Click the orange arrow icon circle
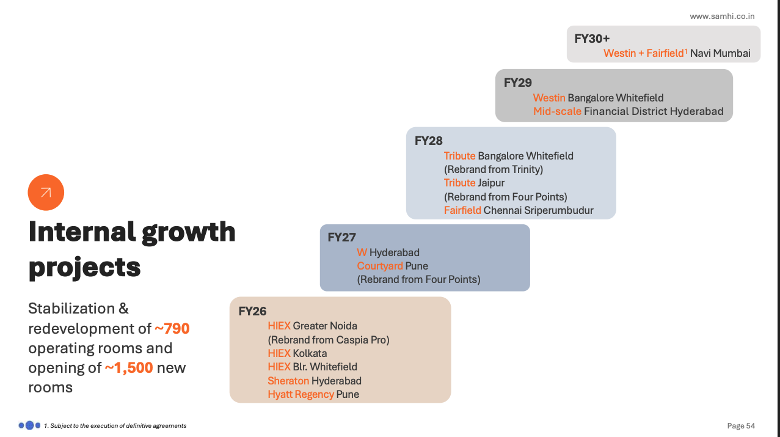pos(46,193)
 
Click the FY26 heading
pos(252,311)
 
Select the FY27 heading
pos(341,238)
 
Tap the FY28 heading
pos(428,141)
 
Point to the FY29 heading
pos(517,83)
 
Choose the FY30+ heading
pos(592,39)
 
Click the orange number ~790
pos(172,329)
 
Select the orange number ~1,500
pos(128,368)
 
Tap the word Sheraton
pos(288,381)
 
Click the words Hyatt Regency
pos(301,394)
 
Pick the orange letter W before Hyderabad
pos(362,252)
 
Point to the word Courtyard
pos(380,266)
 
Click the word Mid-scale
pos(557,111)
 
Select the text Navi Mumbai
pos(720,53)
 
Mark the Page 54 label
pos(741,425)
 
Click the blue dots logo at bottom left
pos(29,425)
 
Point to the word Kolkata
pos(310,353)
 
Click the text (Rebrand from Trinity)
pos(493,169)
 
